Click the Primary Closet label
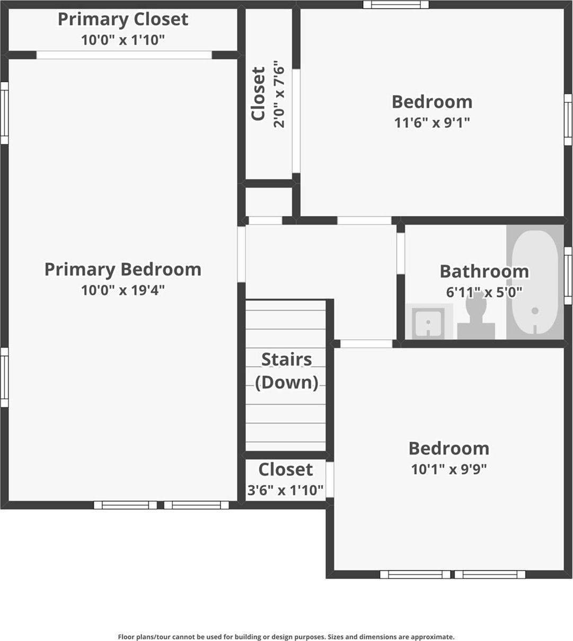[x=122, y=20]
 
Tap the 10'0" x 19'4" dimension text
[x=122, y=290]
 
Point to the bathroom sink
[x=428, y=322]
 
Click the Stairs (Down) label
[x=286, y=371]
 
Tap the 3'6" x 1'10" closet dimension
[x=286, y=490]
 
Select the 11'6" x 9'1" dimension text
[x=432, y=123]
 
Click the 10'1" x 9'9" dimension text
[x=448, y=469]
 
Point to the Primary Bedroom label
[x=122, y=269]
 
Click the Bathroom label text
[x=484, y=271]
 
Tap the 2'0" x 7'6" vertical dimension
[x=279, y=96]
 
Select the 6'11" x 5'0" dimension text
[x=484, y=291]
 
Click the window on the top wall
[x=395, y=5]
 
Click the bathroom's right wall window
[x=568, y=275]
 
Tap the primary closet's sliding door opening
[x=124, y=55]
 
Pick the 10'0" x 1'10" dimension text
[x=122, y=40]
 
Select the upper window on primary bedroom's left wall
[x=4, y=113]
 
